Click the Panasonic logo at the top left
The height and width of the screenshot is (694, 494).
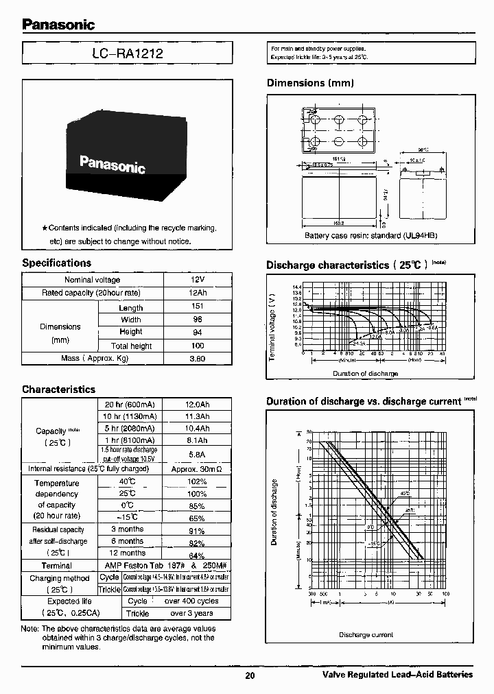[x=58, y=25]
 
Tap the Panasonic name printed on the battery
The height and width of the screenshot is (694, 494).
[x=112, y=164]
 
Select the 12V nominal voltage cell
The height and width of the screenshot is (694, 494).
[x=198, y=280]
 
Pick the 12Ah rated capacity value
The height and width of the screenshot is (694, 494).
[x=198, y=293]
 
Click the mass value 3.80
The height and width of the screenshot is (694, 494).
[x=198, y=359]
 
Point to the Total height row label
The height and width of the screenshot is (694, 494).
[x=131, y=346]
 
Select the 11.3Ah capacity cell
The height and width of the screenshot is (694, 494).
[x=197, y=416]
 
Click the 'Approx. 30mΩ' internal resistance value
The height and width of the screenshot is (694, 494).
[x=197, y=468]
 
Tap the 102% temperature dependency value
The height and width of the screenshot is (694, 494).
[x=197, y=482]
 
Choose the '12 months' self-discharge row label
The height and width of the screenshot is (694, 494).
[x=128, y=553]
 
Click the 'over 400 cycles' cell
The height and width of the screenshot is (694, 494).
[x=191, y=601]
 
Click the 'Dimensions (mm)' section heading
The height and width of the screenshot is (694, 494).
[x=309, y=83]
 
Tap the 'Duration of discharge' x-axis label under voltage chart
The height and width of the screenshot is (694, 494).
[x=365, y=373]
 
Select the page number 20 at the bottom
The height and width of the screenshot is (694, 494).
[x=250, y=675]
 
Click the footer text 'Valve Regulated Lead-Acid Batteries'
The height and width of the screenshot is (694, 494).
[x=397, y=675]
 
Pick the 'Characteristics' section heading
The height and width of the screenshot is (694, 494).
[x=59, y=390]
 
